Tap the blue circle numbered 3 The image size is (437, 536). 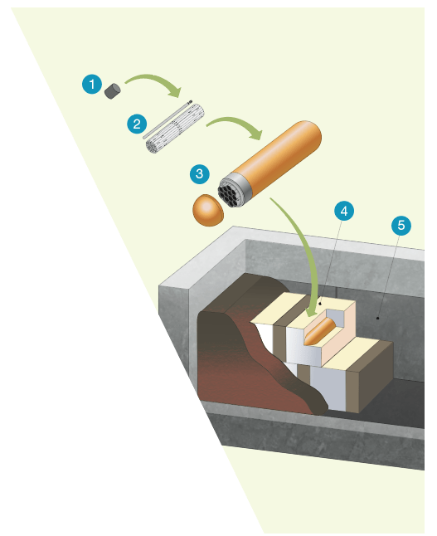click(x=199, y=173)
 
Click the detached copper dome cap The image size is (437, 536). click(x=207, y=210)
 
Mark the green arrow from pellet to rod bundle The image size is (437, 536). click(x=156, y=81)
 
